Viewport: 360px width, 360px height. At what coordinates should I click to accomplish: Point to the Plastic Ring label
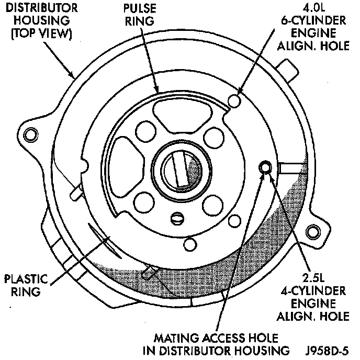pyautogui.click(x=25, y=285)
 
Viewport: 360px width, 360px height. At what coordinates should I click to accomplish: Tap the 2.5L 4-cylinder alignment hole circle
pyautogui.click(x=266, y=167)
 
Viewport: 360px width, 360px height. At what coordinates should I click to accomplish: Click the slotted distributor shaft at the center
pyautogui.click(x=178, y=170)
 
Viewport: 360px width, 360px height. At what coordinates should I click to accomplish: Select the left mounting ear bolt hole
pyautogui.click(x=33, y=136)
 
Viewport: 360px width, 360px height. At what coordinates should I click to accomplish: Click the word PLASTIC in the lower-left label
pyautogui.click(x=25, y=278)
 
